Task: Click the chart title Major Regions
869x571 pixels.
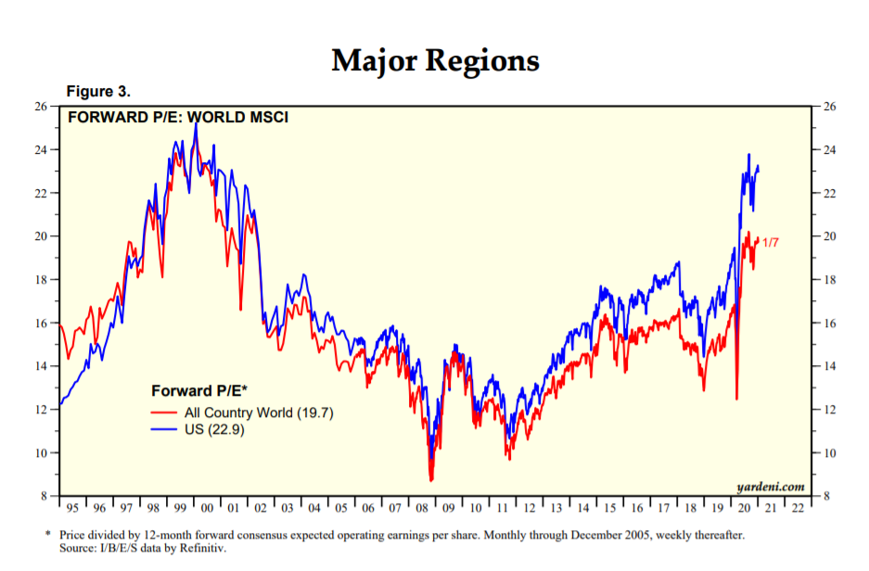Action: (x=435, y=61)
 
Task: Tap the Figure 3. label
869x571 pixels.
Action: (x=98, y=92)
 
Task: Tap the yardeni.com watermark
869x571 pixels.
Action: (x=770, y=485)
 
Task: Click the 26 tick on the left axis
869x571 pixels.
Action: (x=42, y=107)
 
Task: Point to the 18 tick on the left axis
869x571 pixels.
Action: (x=42, y=280)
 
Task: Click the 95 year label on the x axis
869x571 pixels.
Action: (x=72, y=508)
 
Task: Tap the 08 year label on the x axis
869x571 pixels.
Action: (x=422, y=508)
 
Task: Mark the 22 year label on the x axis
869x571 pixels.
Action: (x=797, y=508)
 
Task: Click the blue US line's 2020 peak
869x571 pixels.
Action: (x=748, y=154)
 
